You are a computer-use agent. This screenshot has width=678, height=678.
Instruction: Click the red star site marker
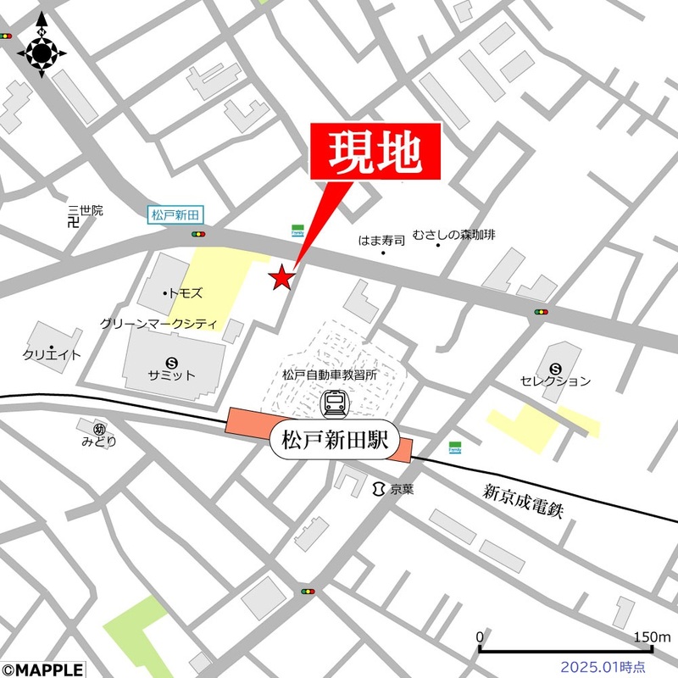tap(281, 277)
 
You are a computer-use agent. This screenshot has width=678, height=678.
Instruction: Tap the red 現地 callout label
tap(375, 153)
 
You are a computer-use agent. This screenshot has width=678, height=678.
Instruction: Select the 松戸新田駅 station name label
tap(333, 441)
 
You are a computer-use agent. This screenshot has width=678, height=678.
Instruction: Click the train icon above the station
tap(334, 403)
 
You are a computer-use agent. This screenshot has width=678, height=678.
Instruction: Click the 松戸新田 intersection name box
tap(175, 215)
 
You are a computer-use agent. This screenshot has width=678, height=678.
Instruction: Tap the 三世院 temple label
tap(86, 210)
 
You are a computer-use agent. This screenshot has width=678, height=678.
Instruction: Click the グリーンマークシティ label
tap(158, 324)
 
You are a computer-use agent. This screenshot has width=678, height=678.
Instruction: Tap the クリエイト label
tap(52, 355)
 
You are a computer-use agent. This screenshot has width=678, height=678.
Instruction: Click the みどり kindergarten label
tap(99, 441)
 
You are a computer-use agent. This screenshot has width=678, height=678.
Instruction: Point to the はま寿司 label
tap(382, 240)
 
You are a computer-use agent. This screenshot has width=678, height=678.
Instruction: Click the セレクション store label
tap(556, 381)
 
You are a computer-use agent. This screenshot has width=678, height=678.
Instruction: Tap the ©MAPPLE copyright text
tap(42, 670)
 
